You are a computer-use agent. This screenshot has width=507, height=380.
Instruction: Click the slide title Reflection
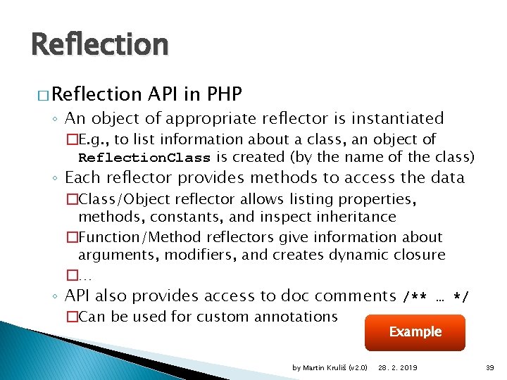[100, 45]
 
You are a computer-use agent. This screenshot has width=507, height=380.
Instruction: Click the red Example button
[415, 332]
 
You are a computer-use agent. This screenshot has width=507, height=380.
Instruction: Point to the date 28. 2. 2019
[397, 368]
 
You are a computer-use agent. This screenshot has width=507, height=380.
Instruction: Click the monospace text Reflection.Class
[144, 157]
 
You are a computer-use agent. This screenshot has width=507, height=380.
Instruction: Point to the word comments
[356, 296]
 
